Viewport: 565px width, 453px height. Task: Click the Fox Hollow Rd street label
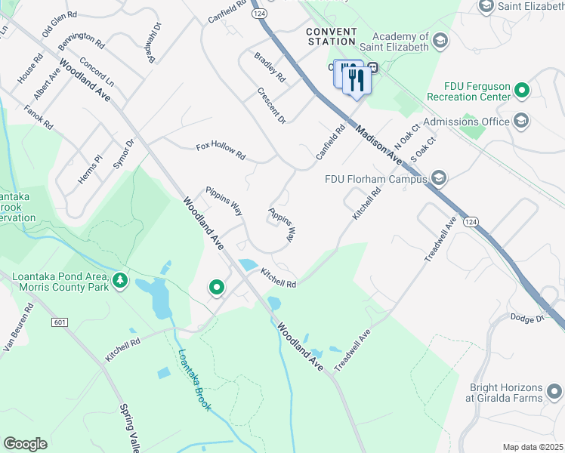pos(221,151)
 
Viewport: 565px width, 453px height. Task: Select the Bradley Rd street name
pos(270,67)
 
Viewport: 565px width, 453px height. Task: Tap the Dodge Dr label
pos(527,319)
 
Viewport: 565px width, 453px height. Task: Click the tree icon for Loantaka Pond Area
pos(119,282)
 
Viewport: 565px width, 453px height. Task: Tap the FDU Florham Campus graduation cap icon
pos(440,179)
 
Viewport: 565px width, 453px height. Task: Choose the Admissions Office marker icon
pos(520,121)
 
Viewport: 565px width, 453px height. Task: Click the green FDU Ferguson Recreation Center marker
pos(521,91)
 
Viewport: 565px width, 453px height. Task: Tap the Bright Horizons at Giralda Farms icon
pos(554,391)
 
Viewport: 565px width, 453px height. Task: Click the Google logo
pos(25,444)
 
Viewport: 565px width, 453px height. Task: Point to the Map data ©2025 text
pos(532,447)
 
